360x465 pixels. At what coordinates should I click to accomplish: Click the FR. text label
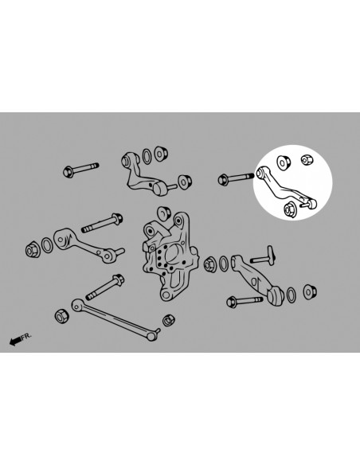coord(26,336)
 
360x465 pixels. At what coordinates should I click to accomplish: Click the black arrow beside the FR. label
coord(15,341)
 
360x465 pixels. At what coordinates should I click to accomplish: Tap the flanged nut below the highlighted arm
coord(288,210)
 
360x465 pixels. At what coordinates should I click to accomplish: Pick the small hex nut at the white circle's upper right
coord(307,159)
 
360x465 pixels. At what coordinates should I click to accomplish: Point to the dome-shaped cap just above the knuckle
coord(163,213)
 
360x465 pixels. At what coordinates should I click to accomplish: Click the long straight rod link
coord(115,319)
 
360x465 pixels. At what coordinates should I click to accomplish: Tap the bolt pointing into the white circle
coord(236,178)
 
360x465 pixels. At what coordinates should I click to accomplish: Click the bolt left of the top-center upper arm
coord(80,170)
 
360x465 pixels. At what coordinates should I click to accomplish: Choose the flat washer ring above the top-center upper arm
coord(147,156)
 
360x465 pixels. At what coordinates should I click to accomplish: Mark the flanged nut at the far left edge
coord(33,251)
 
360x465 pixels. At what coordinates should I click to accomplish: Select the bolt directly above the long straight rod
coord(105,287)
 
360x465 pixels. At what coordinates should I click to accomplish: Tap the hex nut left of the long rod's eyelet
coord(61,315)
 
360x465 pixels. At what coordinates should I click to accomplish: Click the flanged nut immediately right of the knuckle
coord(210,264)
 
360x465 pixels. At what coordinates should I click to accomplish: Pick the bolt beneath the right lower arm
coord(245,301)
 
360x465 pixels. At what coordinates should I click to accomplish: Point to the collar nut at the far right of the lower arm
coord(310,291)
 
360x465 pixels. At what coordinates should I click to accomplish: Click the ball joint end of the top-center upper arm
coord(160,188)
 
